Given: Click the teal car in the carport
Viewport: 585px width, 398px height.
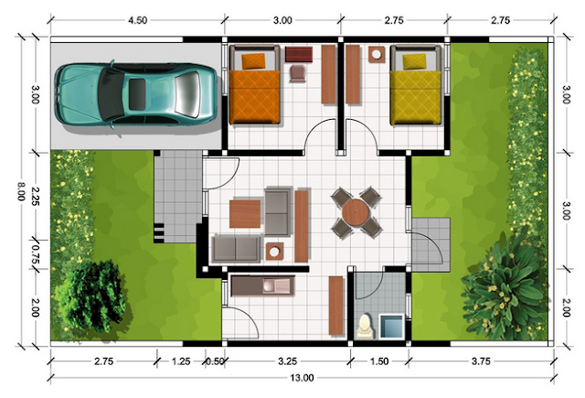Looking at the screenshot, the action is [136, 94].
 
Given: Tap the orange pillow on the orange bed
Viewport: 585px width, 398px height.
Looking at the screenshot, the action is [253, 61].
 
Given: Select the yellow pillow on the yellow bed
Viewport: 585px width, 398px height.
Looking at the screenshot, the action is [414, 61].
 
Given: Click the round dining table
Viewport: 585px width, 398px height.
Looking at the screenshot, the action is [356, 212].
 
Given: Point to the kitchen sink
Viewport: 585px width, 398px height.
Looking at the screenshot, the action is [276, 286].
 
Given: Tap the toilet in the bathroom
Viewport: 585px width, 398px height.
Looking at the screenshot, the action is [366, 328].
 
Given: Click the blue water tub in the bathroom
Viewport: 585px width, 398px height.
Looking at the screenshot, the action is [391, 327].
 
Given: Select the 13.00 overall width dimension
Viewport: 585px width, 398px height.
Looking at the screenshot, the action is [302, 378].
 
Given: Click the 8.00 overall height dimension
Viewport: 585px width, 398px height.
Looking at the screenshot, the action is [21, 191].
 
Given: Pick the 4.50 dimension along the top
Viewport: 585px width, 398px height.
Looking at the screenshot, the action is [138, 20].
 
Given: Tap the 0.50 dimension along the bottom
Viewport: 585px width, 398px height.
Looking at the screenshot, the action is [215, 361].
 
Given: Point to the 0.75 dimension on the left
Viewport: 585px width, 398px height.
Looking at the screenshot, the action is [36, 254].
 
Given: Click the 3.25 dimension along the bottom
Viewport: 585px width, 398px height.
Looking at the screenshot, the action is [288, 361].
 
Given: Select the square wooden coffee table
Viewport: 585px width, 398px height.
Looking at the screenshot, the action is [245, 214].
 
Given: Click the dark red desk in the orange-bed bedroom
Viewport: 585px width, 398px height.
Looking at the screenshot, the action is [299, 54].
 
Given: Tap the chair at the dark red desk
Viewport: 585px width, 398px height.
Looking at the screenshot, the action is [298, 73].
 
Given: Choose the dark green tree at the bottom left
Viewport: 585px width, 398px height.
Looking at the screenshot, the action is [91, 296].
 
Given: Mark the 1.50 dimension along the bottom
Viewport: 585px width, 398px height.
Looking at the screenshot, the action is [379, 361].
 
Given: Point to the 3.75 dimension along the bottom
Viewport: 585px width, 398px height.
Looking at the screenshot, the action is [481, 361].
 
